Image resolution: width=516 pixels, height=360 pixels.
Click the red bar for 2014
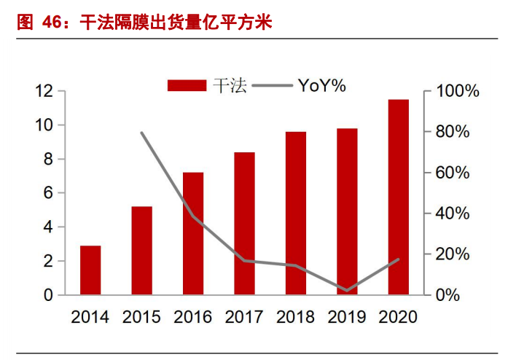click(90, 270)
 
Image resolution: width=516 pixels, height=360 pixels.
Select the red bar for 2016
click(193, 234)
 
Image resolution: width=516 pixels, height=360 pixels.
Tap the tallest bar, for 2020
click(398, 197)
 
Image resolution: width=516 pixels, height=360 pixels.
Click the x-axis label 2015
click(141, 317)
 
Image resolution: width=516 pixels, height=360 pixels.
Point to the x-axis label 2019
click(347, 317)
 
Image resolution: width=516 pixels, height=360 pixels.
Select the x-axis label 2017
click(244, 317)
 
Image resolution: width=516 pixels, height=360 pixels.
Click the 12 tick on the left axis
click(44, 91)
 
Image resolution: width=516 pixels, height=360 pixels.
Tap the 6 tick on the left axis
click(49, 193)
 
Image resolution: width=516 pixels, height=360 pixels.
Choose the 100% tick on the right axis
click(457, 92)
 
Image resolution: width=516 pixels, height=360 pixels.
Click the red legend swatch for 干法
click(187, 85)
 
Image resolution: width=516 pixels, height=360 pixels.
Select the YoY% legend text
click(321, 85)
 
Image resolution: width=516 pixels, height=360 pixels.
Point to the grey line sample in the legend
click(272, 85)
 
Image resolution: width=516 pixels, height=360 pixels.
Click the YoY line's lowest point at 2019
click(347, 291)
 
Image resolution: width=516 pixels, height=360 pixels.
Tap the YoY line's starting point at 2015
click(141, 133)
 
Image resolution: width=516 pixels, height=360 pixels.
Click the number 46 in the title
click(51, 23)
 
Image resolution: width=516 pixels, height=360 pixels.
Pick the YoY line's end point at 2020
click(398, 259)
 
